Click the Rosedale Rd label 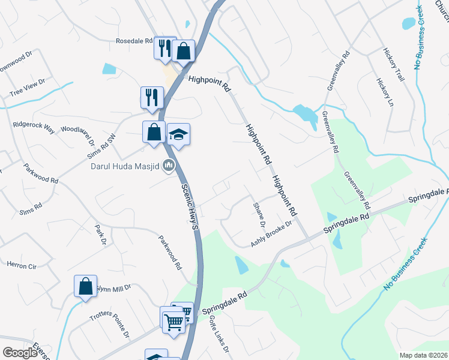click(135, 41)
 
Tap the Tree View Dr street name click(28, 88)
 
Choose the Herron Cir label click(22, 264)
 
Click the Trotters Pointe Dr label click(110, 325)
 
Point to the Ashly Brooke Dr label click(271, 233)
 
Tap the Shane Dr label click(258, 214)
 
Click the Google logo click(20, 353)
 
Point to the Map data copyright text click(423, 355)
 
